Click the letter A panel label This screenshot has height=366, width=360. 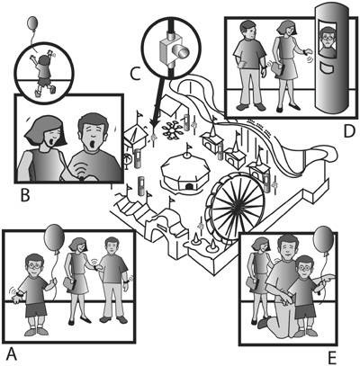[11, 353]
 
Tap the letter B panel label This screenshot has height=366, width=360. [25, 195]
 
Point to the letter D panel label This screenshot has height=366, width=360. [349, 131]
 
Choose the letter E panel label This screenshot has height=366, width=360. [331, 357]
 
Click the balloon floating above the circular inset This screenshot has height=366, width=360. [32, 22]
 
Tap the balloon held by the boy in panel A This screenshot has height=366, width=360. [54, 237]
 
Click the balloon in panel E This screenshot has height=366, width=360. [323, 240]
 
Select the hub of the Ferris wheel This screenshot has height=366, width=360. [238, 204]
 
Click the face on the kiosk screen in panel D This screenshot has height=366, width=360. [328, 37]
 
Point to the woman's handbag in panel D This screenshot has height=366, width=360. [278, 70]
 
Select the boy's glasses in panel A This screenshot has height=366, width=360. [35, 266]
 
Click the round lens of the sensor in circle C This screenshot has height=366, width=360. [183, 53]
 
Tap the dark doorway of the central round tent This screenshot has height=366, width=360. [189, 187]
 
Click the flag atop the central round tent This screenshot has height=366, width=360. [189, 147]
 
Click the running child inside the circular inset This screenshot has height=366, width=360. [43, 74]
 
